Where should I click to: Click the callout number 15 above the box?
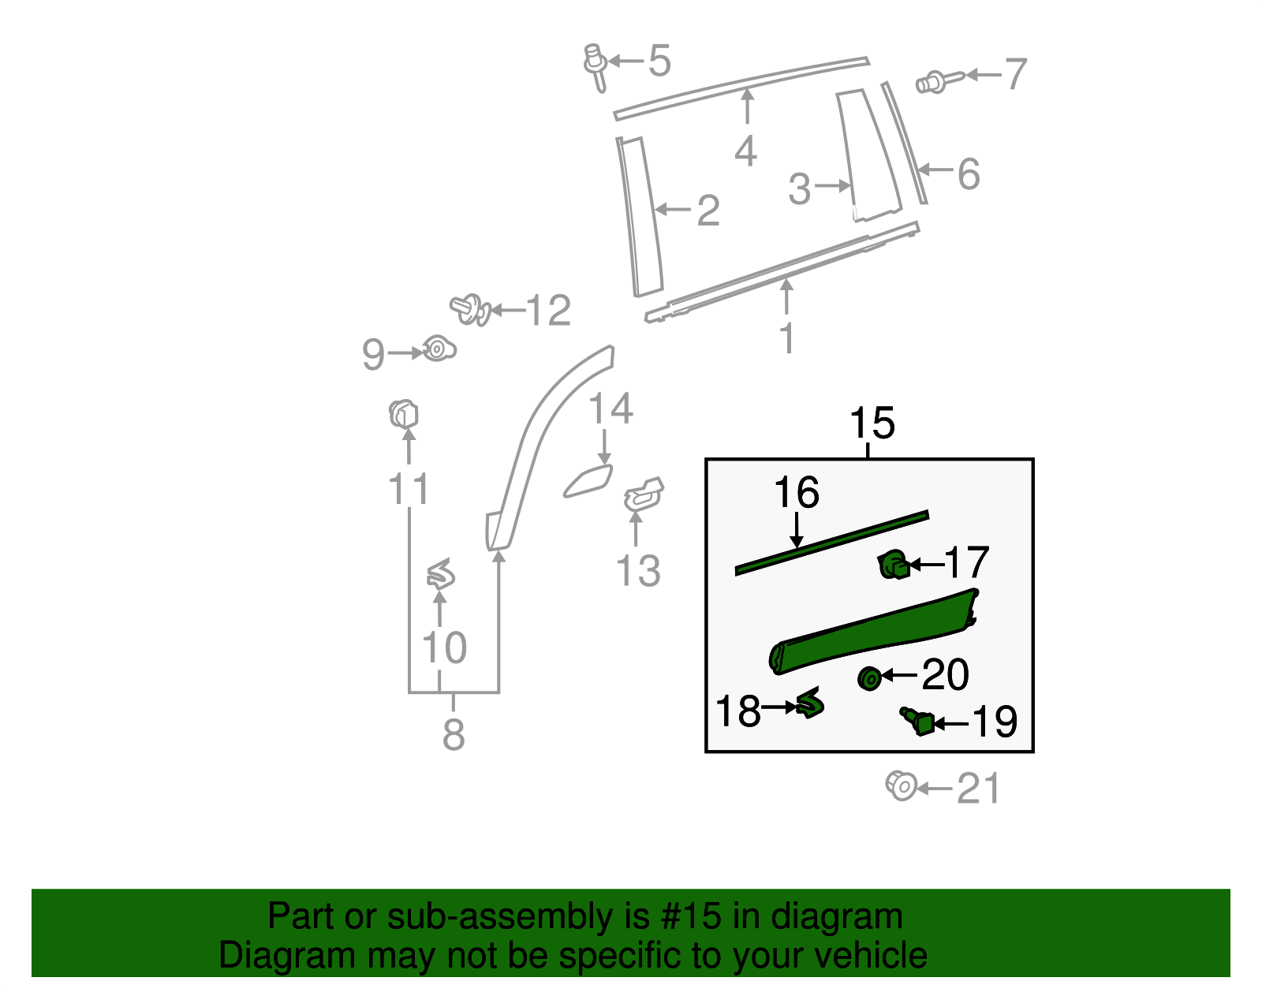(872, 423)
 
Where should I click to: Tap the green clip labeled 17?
(893, 565)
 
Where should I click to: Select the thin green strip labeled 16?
(832, 542)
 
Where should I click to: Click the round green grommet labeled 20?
(869, 677)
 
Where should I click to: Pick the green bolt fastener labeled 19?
(919, 720)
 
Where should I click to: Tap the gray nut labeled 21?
(901, 786)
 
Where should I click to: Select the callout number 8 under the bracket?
(454, 734)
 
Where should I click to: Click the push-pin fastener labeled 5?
(595, 67)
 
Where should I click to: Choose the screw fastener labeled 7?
(936, 80)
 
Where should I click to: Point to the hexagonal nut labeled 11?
(403, 414)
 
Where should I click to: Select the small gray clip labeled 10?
(440, 575)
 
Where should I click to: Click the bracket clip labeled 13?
(644, 494)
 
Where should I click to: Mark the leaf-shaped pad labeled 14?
(588, 481)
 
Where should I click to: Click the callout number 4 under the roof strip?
(745, 150)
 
